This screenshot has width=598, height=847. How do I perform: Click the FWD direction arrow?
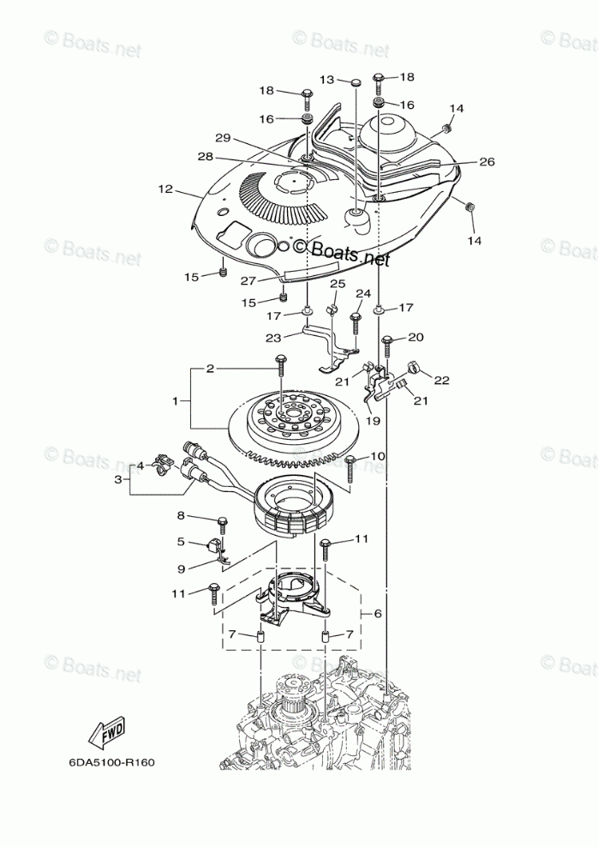107,732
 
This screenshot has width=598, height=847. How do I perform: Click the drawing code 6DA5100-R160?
112,761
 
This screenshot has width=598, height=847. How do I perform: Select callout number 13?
327,80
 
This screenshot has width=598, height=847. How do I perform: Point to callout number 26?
487,161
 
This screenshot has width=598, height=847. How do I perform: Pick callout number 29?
224,138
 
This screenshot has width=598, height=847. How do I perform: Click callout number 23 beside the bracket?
273,337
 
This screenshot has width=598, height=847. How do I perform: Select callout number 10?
378,456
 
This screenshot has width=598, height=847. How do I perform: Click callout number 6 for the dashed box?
376,615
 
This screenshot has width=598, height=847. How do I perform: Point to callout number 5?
182,542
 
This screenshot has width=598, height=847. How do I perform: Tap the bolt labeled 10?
350,467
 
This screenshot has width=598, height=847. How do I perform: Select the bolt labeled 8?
223,521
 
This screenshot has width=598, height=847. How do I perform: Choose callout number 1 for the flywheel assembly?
176,400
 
